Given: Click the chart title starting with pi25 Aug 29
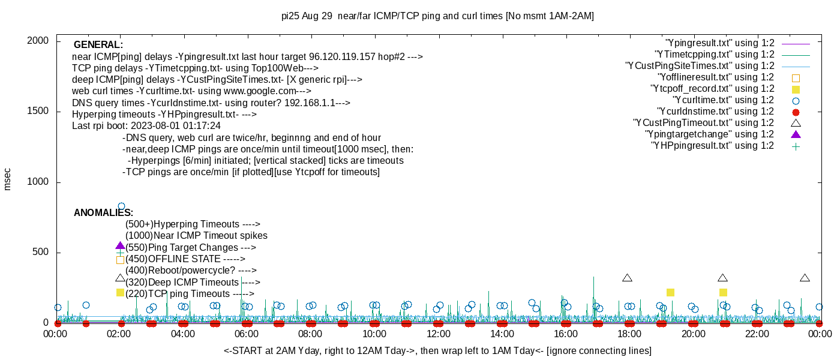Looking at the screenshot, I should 437,16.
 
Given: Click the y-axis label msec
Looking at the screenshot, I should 8,179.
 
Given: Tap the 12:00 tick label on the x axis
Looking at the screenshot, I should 438,334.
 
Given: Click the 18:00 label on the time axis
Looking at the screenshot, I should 629,334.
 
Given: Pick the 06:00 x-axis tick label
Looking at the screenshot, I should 247,334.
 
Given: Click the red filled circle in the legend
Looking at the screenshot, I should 796,112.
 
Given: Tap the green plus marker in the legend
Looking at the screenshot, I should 796,146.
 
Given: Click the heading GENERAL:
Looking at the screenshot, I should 98,45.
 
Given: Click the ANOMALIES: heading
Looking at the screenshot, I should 103,213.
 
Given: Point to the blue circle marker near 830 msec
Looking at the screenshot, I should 121,206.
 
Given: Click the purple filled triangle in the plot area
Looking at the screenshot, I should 120,246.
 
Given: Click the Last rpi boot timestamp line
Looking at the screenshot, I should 146,126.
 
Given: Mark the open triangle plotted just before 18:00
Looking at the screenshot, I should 628,278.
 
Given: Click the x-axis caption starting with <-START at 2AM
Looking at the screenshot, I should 437,350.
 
